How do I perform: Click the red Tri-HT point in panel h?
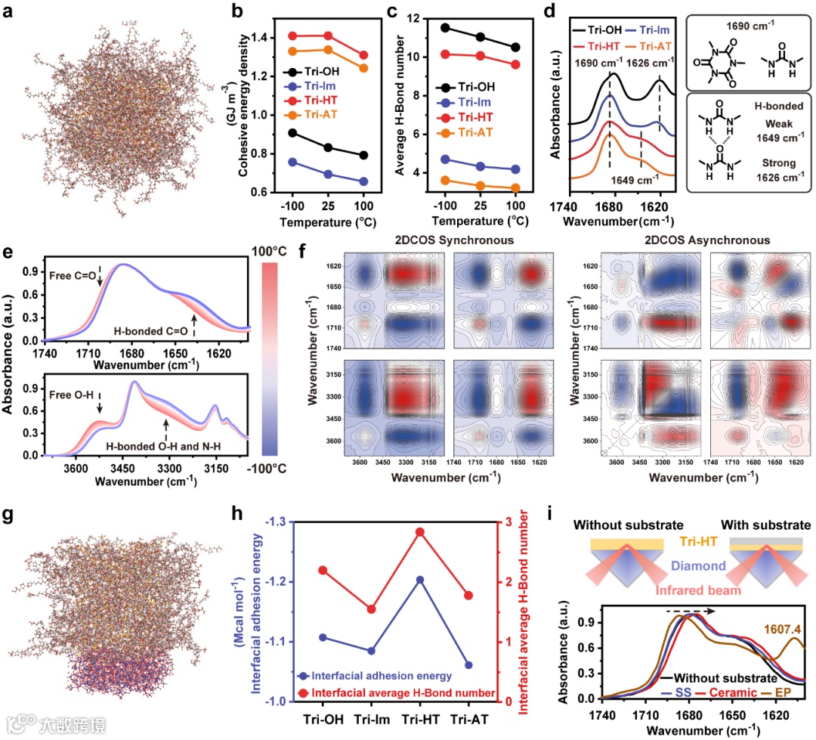419,532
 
